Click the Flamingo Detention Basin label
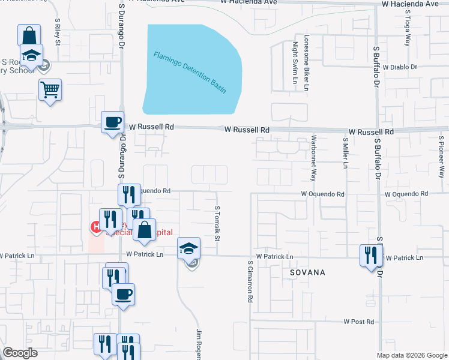190,72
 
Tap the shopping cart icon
50,90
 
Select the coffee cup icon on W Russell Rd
112,122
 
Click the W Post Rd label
359,322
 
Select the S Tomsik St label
217,223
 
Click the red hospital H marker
95,227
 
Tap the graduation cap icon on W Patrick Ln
188,248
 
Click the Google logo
20,353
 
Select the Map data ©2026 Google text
411,355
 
